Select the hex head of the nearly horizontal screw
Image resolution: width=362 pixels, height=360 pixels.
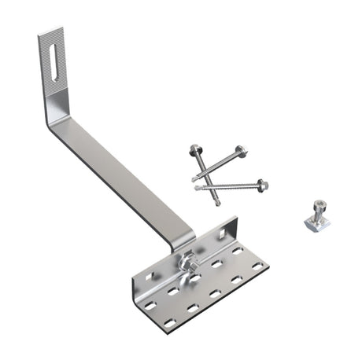262,186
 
